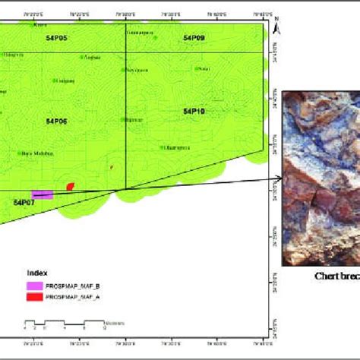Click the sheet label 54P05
tap(56, 38)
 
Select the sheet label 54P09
tap(194, 38)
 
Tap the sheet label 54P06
tap(56, 121)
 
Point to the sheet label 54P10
tap(194, 111)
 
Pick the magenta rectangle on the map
tap(43, 194)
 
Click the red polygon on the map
tap(71, 186)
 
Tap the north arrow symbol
tap(279, 27)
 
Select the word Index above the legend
tap(37, 271)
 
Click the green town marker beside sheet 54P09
tap(196, 68)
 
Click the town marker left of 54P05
tap(31, 25)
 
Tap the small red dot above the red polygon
tap(112, 168)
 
